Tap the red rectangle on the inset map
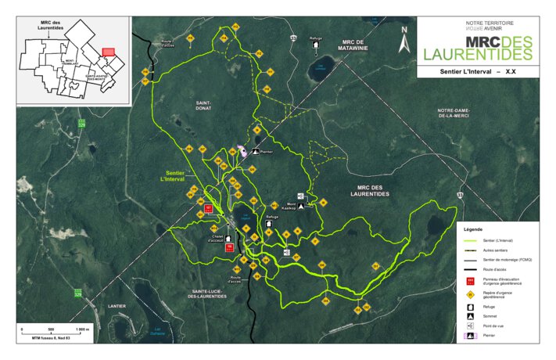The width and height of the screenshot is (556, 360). pyautogui.click(x=109, y=51)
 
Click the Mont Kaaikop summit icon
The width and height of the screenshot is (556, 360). pyautogui.click(x=301, y=207)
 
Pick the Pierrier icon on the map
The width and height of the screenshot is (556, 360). pyautogui.click(x=242, y=153)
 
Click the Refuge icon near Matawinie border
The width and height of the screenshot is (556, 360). pyautogui.click(x=315, y=45)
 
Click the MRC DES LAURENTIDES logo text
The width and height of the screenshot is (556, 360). pyautogui.click(x=477, y=47)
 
